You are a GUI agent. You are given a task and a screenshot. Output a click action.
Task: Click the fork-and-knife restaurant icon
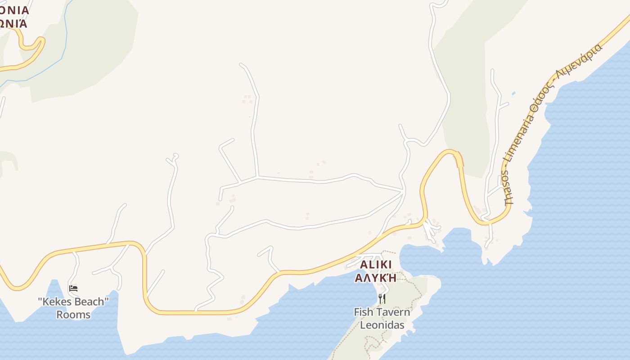(382, 298)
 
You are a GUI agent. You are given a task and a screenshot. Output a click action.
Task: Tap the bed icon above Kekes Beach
(73, 288)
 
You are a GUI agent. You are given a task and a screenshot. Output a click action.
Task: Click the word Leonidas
(382, 325)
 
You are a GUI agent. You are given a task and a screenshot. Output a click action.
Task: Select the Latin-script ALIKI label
(376, 264)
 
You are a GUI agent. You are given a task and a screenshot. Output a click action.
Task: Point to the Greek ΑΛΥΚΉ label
(376, 277)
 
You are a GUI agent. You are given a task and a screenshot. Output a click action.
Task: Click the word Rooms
(73, 315)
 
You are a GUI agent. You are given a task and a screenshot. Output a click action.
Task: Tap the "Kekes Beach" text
(73, 301)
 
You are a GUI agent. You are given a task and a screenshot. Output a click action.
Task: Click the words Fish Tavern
(382, 312)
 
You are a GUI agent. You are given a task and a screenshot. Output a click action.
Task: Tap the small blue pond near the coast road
(513, 94)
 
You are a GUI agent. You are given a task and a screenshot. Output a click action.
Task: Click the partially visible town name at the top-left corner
(13, 16)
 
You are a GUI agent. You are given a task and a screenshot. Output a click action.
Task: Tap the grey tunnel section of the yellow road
(459, 159)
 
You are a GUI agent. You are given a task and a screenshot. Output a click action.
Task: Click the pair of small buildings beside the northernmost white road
(247, 99)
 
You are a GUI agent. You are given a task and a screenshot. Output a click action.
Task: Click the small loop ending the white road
(175, 157)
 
